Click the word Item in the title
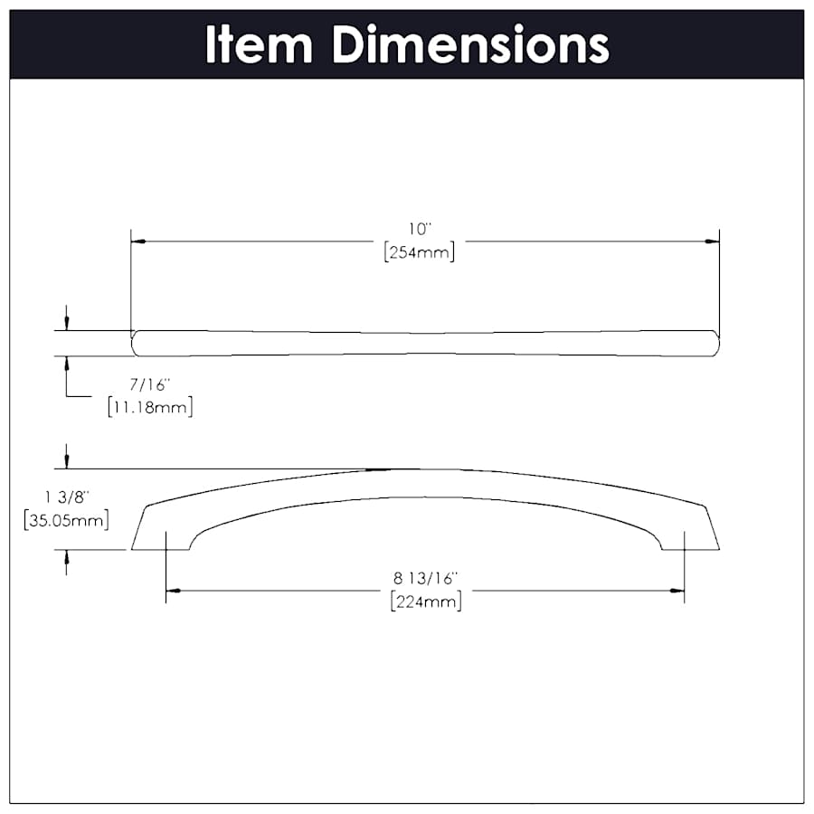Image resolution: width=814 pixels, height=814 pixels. pyautogui.click(x=259, y=44)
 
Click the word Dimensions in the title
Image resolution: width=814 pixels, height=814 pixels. pyautogui.click(x=470, y=44)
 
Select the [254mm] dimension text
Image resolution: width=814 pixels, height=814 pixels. pyautogui.click(x=418, y=252)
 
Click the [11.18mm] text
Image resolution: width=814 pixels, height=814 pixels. pyautogui.click(x=149, y=407)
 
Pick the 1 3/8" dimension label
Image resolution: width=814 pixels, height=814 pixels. pyautogui.click(x=68, y=497)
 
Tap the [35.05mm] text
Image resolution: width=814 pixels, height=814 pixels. pyautogui.click(x=68, y=520)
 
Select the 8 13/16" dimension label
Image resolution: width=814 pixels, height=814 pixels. pyautogui.click(x=425, y=577)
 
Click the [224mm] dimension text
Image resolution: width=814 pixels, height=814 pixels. pyautogui.click(x=425, y=601)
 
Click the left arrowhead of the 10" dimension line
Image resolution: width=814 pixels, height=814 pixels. pyautogui.click(x=138, y=241)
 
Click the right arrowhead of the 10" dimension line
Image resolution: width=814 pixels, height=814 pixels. pyautogui.click(x=712, y=241)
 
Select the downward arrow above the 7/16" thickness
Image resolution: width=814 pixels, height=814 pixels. pyautogui.click(x=67, y=322)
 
